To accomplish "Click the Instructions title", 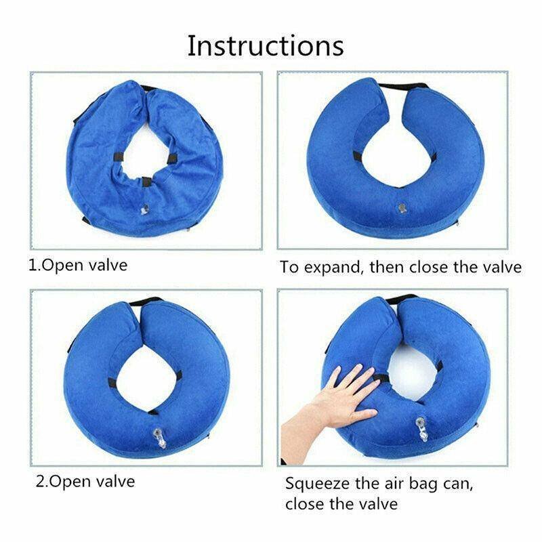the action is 266,45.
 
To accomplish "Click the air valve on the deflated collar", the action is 145,209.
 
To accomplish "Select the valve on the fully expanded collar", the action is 401,208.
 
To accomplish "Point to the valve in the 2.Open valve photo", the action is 159,438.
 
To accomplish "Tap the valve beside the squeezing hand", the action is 422,429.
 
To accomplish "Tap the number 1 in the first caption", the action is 32,266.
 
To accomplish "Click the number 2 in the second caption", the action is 41,482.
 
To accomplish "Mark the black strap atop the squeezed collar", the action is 401,299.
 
